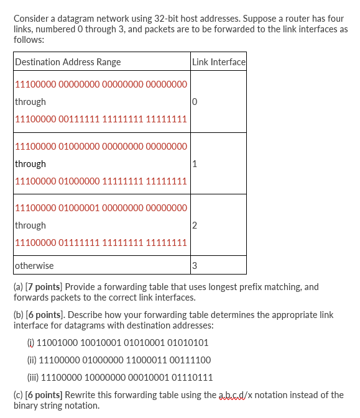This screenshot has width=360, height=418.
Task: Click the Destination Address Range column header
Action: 68,61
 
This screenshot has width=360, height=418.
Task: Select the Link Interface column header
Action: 219,61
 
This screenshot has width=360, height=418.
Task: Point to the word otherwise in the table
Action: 34,266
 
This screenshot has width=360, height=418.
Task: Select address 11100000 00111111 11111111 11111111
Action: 100,119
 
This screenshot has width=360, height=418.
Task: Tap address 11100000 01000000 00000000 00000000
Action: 100,147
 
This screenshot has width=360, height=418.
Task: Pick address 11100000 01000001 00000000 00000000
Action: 100,208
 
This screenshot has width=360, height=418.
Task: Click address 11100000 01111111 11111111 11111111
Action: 100,242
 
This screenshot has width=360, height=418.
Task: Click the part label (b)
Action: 19,315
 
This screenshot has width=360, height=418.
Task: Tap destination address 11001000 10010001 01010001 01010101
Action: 122,342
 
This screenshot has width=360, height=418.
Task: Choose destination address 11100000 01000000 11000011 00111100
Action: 125,360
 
